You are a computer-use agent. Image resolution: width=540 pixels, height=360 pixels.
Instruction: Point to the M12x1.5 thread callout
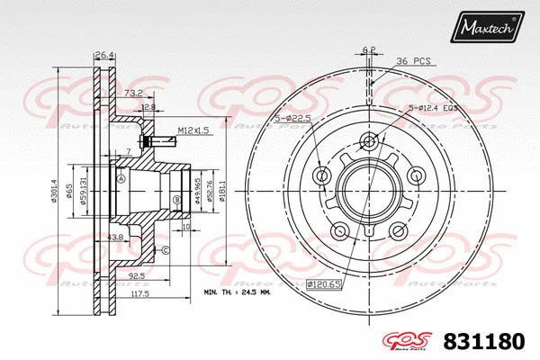[x=193, y=131]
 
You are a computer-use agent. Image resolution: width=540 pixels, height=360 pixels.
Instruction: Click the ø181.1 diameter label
[x=222, y=189]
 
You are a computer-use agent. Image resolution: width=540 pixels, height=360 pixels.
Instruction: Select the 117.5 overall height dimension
[x=138, y=293]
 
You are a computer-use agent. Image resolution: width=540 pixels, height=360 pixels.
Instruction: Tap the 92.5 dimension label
[x=138, y=277]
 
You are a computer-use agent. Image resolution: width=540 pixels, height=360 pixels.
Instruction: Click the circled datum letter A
[x=120, y=178]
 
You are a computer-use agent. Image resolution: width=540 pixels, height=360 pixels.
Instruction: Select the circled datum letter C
[x=165, y=249]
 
